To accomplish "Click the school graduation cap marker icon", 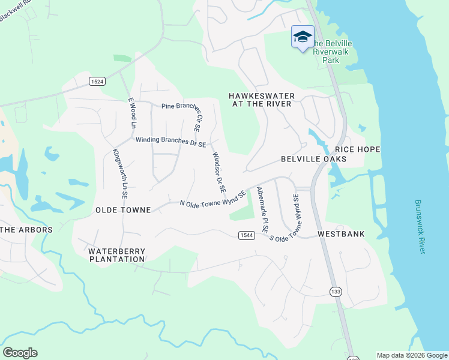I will pyautogui.click(x=303, y=37).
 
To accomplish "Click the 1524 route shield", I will pyautogui.click(x=97, y=81).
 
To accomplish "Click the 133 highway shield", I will pyautogui.click(x=336, y=290).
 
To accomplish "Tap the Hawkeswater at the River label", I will pyautogui.click(x=260, y=100).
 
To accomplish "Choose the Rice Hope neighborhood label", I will pyautogui.click(x=358, y=149).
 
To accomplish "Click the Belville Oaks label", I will pyautogui.click(x=313, y=159).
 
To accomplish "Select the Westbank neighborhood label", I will pyautogui.click(x=341, y=233).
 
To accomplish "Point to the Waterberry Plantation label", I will pyautogui.click(x=116, y=255).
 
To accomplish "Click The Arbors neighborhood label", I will pyautogui.click(x=26, y=229).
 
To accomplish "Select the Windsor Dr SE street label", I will pyautogui.click(x=218, y=172).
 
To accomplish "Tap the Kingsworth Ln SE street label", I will pyautogui.click(x=121, y=174).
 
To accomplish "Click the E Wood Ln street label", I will pyautogui.click(x=132, y=113).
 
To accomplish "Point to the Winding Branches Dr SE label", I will pyautogui.click(x=170, y=142).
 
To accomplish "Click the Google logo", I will pyautogui.click(x=20, y=353).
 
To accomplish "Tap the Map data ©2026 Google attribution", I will pyautogui.click(x=412, y=355).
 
